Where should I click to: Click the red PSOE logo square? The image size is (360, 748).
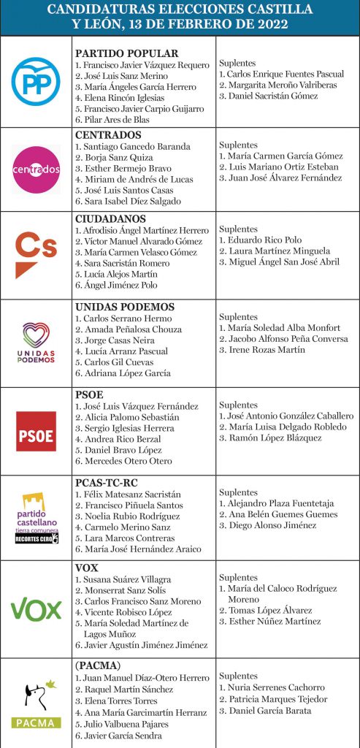coord(36,431)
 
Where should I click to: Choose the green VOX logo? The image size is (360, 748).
coord(36,608)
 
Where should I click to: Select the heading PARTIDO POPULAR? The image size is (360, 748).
coord(126,53)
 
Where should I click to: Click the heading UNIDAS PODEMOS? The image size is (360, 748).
coord(125,307)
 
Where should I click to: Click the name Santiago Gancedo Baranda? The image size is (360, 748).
coord(132,147)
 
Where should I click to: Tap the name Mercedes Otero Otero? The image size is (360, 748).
coord(123,461)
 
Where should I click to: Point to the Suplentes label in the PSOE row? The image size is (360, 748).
coord(238,405)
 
